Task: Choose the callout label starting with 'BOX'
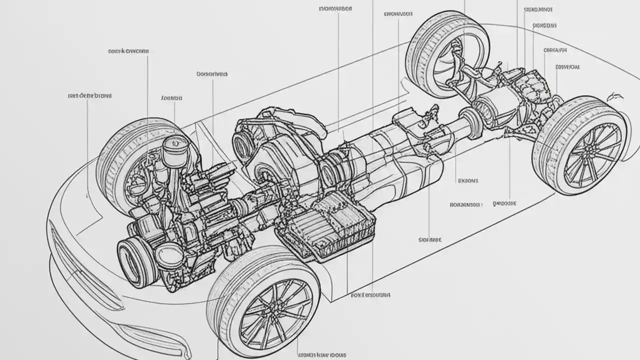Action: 370,295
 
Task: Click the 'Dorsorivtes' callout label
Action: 212,74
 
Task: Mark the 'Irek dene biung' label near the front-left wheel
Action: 89,95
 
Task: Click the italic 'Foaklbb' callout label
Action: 172,98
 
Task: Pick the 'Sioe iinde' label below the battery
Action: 429,240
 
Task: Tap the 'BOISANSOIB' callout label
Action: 465,204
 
